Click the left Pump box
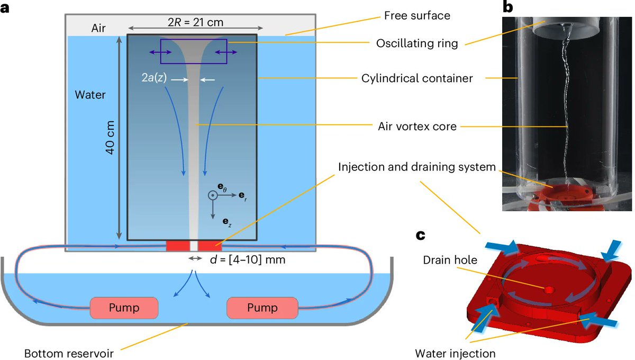point(124,308)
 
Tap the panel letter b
point(508,7)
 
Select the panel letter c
point(421,234)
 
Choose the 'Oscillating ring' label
point(417,43)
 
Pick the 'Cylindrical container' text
point(417,78)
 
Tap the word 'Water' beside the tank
point(90,95)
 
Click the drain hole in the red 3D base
point(547,290)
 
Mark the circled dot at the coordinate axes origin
point(212,195)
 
